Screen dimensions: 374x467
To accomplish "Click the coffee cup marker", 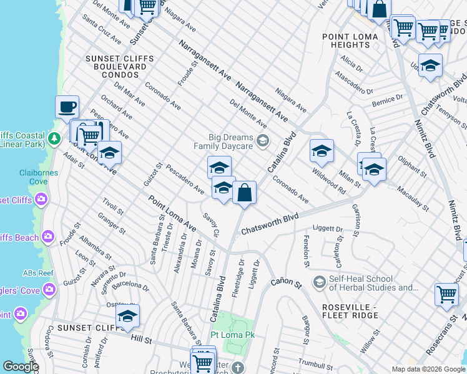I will click(x=67, y=107).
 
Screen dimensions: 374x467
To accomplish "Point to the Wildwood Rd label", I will click(x=329, y=178).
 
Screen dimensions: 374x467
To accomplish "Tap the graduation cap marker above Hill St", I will click(x=127, y=316).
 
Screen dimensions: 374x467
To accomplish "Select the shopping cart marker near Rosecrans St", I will click(x=447, y=294).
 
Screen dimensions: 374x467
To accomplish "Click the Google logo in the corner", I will click(x=20, y=367).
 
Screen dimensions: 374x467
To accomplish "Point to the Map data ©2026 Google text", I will click(x=428, y=369).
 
